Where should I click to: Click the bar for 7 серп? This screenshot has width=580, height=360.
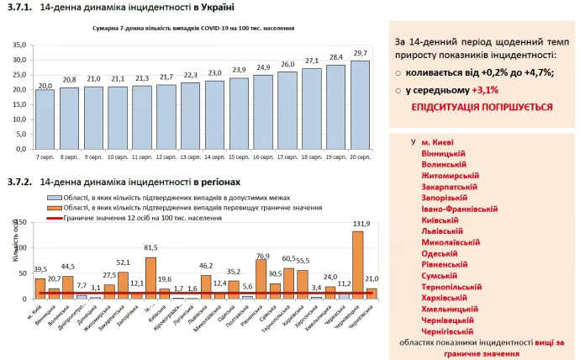coord(45,119)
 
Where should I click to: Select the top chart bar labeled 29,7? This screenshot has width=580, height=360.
coord(359,104)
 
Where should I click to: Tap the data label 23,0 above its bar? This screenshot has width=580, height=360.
coord(214,72)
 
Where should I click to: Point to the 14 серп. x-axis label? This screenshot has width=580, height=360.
coord(214,156)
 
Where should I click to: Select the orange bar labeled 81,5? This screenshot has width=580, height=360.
coord(150,277)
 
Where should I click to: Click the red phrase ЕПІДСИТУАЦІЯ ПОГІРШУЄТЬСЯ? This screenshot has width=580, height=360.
coord(482,107)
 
